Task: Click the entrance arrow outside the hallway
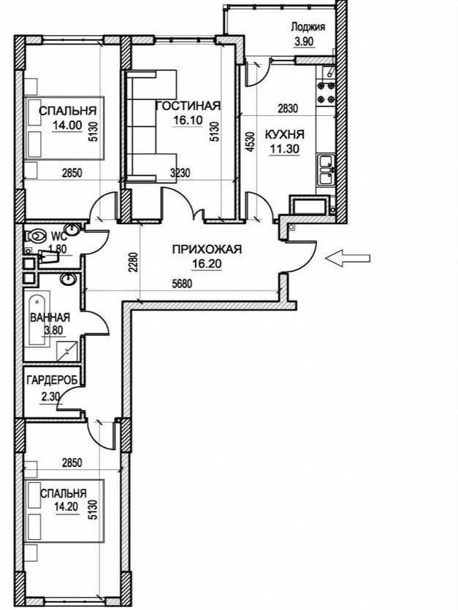point(348,258)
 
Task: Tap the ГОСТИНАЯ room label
point(188,105)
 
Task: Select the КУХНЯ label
point(285,134)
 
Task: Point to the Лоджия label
point(308,27)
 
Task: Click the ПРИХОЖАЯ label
point(207,249)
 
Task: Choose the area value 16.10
point(188,120)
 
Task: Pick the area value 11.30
point(285,149)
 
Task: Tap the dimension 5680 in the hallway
point(183,284)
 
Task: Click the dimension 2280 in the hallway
point(134,262)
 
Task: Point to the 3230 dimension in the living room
point(180,172)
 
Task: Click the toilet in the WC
point(34,236)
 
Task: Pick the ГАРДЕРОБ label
point(53,380)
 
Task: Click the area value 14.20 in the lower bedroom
point(66,507)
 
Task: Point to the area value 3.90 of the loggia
point(304,42)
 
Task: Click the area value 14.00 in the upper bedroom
point(68,126)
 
